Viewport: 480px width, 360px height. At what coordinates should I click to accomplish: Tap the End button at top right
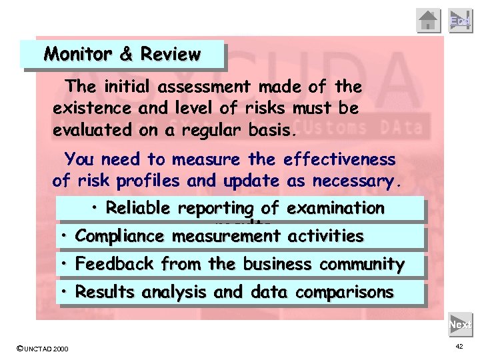460,20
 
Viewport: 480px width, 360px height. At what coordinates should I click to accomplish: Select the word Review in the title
169,55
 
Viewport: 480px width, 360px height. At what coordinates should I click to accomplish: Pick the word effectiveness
339,160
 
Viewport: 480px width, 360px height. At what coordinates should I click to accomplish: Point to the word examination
338,208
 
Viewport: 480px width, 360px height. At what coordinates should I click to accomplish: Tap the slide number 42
459,347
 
